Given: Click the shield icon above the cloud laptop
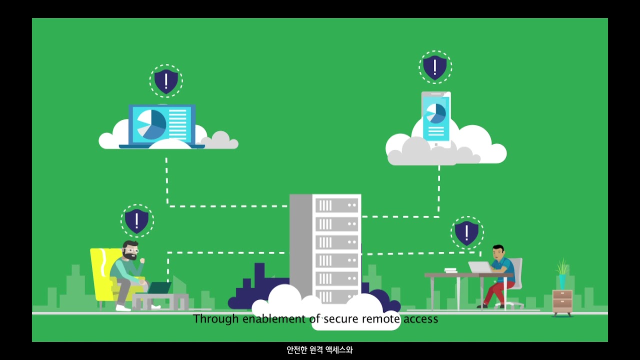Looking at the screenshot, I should pos(166,81).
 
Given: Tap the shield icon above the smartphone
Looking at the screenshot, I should pos(435,67).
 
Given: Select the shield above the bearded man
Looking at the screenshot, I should pos(137,220).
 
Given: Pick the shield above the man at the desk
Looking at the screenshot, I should pos(466,232).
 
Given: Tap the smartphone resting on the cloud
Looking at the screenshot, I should pos(436,118).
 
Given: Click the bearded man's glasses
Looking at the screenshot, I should pos(131,249).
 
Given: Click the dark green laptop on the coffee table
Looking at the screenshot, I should pos(159,288).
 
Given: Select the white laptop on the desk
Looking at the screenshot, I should pos(479,267).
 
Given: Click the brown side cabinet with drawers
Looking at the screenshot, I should pos(562,301).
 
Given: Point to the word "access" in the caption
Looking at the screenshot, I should pos(420,318).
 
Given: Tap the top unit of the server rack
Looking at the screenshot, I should pos(336,205).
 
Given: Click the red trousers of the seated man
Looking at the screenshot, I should pos(494,289).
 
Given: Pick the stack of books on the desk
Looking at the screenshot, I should pos(450,270).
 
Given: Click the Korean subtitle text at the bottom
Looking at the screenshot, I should pos(319,350).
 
